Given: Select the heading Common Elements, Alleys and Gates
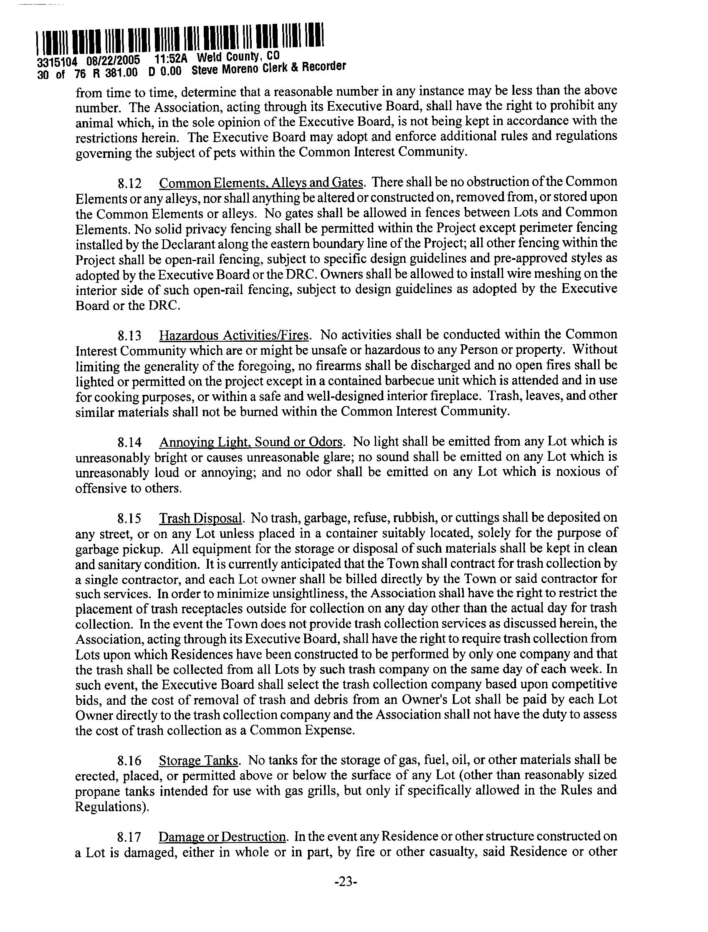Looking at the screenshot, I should pos(261,183).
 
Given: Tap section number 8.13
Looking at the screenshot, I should pos(130,336).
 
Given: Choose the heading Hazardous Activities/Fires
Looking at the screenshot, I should pos(235,335).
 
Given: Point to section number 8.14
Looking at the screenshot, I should pos(130,442).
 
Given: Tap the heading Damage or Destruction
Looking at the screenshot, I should pos(222,837).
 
